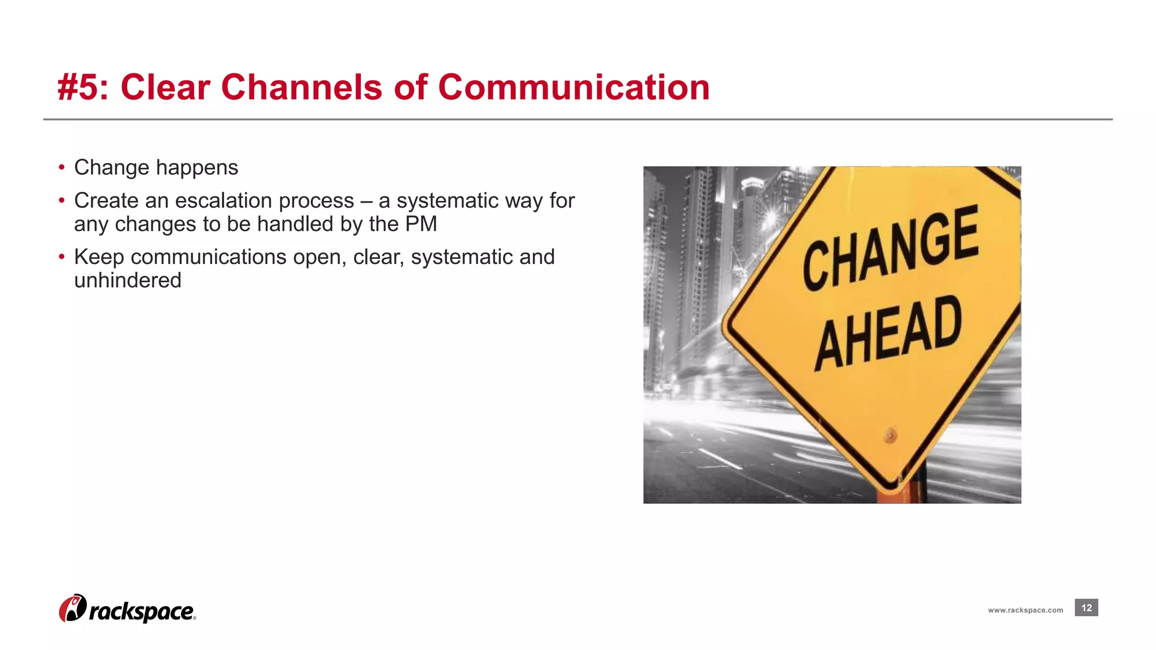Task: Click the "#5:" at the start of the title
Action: tap(83, 88)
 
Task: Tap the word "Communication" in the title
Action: tap(573, 88)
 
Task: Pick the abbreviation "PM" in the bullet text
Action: tap(421, 224)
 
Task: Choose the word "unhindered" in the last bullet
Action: tap(128, 280)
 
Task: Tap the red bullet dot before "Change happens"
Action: tap(62, 168)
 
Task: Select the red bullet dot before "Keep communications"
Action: tap(62, 257)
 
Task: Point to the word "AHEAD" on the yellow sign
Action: tap(888, 333)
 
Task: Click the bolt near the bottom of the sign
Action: tap(891, 435)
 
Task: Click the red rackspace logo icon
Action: tap(73, 608)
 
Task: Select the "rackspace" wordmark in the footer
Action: tap(142, 612)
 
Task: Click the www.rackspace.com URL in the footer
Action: tap(1025, 610)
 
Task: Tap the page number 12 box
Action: tap(1086, 608)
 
